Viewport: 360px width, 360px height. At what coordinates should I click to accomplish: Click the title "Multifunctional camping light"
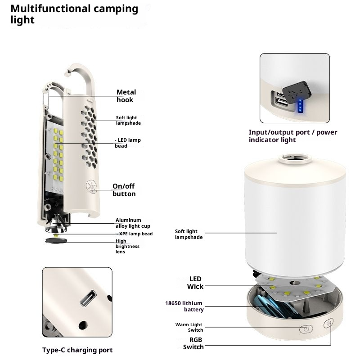(x=74, y=14)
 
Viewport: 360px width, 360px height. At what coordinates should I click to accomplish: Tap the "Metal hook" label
(x=126, y=96)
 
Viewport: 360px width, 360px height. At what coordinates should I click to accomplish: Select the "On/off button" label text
(x=124, y=190)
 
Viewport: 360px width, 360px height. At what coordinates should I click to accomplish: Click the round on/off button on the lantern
(x=92, y=187)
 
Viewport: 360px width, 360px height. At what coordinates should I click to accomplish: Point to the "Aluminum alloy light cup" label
(x=133, y=223)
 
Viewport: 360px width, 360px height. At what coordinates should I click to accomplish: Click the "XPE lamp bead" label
(x=135, y=234)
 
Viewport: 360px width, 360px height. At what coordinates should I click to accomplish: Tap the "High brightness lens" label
(x=127, y=246)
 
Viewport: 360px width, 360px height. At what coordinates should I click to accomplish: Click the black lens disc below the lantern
(x=56, y=241)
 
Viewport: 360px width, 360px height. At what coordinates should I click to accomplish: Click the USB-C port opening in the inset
(x=88, y=298)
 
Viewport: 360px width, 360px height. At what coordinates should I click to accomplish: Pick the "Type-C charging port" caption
(x=77, y=350)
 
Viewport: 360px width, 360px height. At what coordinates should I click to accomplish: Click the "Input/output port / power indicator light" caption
(x=293, y=136)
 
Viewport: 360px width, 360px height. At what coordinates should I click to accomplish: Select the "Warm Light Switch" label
(x=189, y=327)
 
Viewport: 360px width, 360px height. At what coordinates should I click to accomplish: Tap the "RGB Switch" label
(x=193, y=343)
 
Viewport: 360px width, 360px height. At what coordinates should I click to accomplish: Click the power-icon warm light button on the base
(x=306, y=329)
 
